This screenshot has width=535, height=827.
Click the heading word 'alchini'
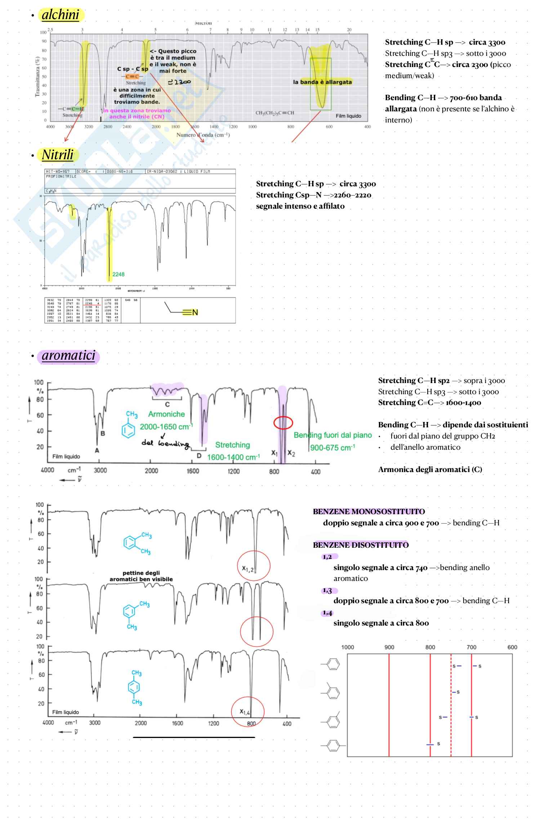click(x=60, y=15)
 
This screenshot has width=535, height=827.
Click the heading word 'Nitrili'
click(x=58, y=155)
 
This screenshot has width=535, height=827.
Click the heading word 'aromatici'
click(x=68, y=356)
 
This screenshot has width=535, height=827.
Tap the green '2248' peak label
click(x=118, y=274)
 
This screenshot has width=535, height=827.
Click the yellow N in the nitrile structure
click(x=195, y=312)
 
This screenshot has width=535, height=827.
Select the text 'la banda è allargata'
click(x=322, y=82)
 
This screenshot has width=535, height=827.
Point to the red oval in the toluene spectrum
click(x=283, y=422)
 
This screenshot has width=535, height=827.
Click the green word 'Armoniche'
click(x=166, y=414)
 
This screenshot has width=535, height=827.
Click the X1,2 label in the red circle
click(x=248, y=569)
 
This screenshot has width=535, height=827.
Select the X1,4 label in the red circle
click(x=245, y=712)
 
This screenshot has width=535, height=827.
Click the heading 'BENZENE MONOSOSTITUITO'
click(x=369, y=512)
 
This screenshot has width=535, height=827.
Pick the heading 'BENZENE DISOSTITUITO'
click(x=361, y=545)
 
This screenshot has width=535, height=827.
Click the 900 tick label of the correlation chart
click(x=389, y=647)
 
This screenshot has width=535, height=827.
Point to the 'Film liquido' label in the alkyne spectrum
click(x=348, y=116)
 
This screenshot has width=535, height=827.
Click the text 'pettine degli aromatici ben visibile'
click(x=141, y=576)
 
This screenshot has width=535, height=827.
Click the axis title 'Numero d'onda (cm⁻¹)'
click(x=203, y=135)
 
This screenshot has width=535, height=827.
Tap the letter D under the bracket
click(x=199, y=456)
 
